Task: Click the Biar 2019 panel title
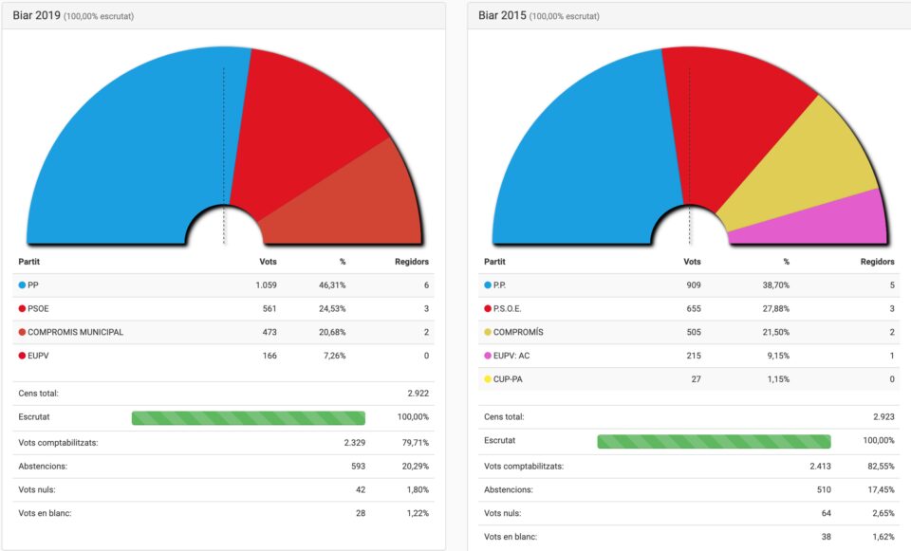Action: tap(36, 15)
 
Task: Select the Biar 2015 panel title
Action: tap(502, 15)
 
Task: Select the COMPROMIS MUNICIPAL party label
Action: tap(75, 332)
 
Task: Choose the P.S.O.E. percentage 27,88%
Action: tap(774, 308)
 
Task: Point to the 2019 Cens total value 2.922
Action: tap(418, 393)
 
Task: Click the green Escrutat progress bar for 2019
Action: tap(248, 417)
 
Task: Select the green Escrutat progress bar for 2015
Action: tap(714, 441)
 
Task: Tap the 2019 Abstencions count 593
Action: tap(357, 466)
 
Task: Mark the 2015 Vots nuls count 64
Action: tap(825, 513)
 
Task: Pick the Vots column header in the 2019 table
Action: tap(268, 262)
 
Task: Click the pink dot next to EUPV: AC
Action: tap(488, 356)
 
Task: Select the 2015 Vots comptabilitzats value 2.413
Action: tap(819, 466)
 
